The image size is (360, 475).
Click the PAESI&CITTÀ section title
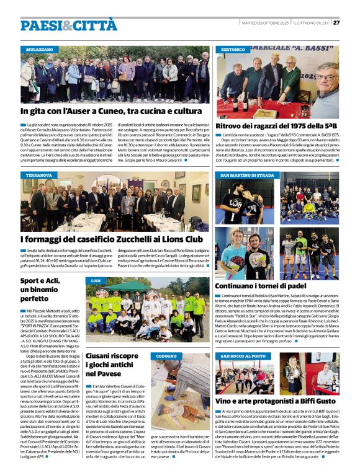click(x=68, y=25)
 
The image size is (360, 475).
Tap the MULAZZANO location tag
click(x=39, y=49)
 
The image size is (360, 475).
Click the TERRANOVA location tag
click(x=38, y=175)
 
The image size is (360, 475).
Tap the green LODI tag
click(x=96, y=282)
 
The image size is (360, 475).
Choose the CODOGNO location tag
click(x=166, y=357)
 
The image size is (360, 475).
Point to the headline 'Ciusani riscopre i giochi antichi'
click(x=112, y=364)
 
